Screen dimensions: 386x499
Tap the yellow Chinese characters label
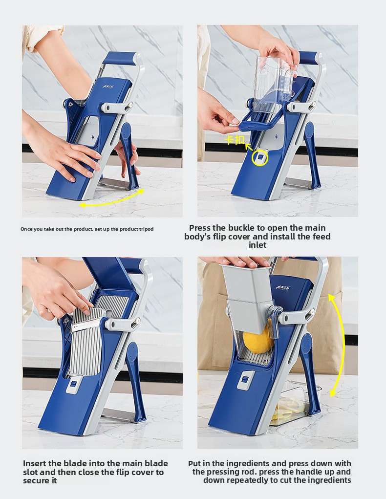(x=234, y=140)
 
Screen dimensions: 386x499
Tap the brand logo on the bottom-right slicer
(x=283, y=288)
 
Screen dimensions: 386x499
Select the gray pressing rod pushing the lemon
(x=248, y=293)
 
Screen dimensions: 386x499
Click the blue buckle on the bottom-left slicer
(x=73, y=384)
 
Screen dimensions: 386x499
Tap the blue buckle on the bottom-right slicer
(x=244, y=380)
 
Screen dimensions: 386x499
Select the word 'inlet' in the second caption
(x=257, y=245)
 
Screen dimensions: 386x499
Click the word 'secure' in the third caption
(x=35, y=481)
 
